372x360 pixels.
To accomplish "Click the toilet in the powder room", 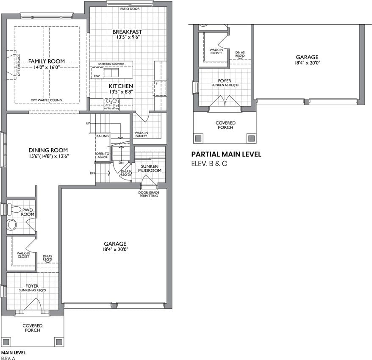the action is pyautogui.click(x=14, y=210).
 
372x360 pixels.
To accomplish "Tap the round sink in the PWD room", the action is pyautogui.click(x=12, y=224).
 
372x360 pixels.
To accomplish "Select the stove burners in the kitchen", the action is pyautogui.click(x=111, y=104).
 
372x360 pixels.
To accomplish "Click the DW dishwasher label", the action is pyautogui.click(x=97, y=76).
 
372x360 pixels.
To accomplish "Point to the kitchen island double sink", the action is pyautogui.click(x=111, y=73).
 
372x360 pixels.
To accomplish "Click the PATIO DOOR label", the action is pyautogui.click(x=130, y=9).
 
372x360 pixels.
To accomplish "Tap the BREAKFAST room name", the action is pyautogui.click(x=127, y=32).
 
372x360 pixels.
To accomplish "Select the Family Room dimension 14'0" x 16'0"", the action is pyautogui.click(x=46, y=67).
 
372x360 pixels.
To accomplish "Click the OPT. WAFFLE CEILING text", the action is pyautogui.click(x=46, y=100).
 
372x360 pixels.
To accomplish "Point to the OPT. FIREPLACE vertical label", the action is pyautogui.click(x=19, y=65).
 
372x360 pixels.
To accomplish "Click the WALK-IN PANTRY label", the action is pyautogui.click(x=141, y=134).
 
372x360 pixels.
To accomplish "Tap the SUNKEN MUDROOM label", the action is pyautogui.click(x=150, y=169).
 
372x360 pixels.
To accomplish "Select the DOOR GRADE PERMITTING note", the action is pyautogui.click(x=149, y=194).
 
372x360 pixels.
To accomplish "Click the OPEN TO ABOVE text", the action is pyautogui.click(x=103, y=155).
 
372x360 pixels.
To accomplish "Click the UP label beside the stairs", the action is pyautogui.click(x=88, y=123).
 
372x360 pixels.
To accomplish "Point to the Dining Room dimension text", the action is pyautogui.click(x=48, y=156).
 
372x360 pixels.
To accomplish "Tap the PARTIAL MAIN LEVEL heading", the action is pyautogui.click(x=226, y=155).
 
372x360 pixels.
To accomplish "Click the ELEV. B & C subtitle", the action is pyautogui.click(x=209, y=163).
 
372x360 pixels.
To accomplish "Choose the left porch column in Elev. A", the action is pyautogui.click(x=6, y=342).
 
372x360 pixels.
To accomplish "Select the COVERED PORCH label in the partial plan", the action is pyautogui.click(x=225, y=125).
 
